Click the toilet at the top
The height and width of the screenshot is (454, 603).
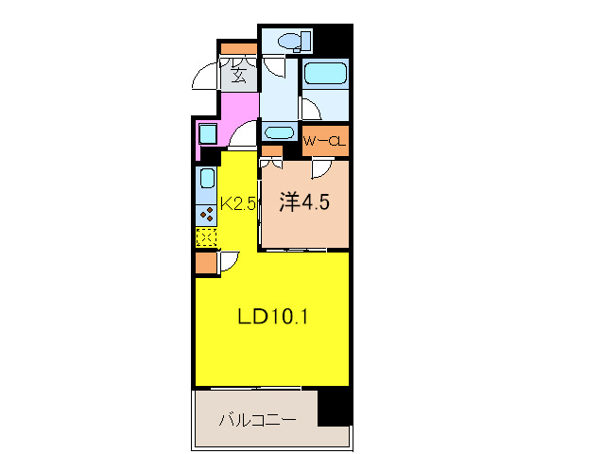point(294,41)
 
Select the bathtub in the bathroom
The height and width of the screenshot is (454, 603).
point(325,73)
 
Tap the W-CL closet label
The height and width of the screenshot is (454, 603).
point(326,142)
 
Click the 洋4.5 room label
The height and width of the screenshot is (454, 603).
point(302,202)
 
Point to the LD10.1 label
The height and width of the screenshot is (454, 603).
point(274,317)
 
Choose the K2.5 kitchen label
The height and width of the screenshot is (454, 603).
point(238,203)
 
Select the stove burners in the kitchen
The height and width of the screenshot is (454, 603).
point(207,214)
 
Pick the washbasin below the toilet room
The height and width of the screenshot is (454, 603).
point(279,132)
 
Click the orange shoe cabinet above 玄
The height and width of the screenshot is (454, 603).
point(237,47)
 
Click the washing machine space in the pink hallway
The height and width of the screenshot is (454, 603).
point(208,134)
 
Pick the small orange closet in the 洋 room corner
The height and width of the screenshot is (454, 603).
point(271,150)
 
